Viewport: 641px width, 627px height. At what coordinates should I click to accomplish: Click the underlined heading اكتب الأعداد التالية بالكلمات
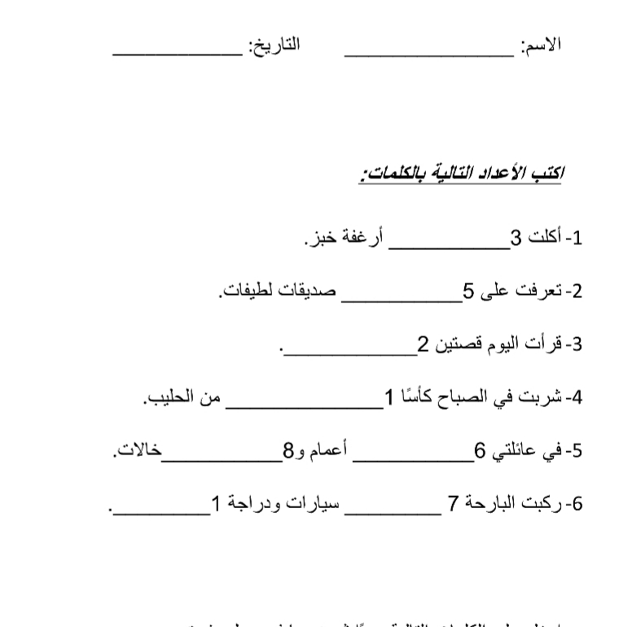(x=463, y=173)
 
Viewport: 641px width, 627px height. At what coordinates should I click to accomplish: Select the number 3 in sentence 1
(x=515, y=238)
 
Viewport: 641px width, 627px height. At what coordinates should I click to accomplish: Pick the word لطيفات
(x=248, y=291)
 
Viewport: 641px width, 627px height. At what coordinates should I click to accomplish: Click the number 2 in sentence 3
(x=423, y=344)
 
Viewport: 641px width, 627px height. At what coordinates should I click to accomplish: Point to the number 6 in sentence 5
(x=480, y=451)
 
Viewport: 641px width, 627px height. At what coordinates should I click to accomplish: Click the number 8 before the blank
(x=287, y=451)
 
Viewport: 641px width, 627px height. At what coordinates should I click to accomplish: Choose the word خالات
(x=137, y=451)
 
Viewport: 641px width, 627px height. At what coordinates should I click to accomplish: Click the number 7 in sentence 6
(x=454, y=504)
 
